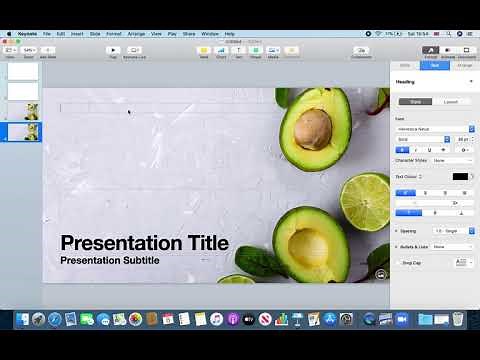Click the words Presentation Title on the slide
tap(144, 242)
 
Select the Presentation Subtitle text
tap(109, 260)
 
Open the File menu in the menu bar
tap(47, 34)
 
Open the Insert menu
tap(76, 34)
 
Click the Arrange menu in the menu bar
tap(137, 34)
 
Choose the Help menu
tap(229, 34)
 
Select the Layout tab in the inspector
tap(451, 101)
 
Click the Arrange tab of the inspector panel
tap(465, 65)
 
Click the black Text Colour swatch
tap(460, 176)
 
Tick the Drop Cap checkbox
tap(398, 262)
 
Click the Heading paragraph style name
tap(406, 82)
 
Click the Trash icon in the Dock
tap(457, 319)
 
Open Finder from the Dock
tap(21, 319)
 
